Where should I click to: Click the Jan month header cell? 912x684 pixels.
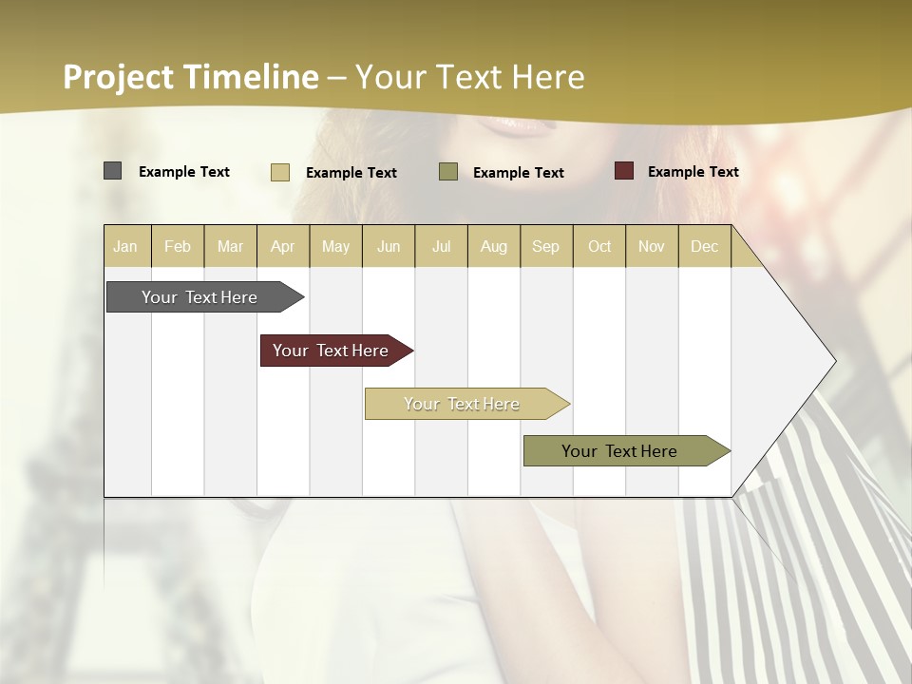(x=126, y=247)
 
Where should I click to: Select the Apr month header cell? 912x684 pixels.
(x=283, y=247)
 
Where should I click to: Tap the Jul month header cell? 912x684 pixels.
(x=442, y=247)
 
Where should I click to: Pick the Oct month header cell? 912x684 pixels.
(x=599, y=247)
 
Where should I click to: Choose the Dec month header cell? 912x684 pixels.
(x=705, y=247)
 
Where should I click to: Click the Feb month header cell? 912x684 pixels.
(x=178, y=247)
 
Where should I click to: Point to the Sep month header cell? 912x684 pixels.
(x=546, y=247)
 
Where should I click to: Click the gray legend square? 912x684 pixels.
(x=112, y=171)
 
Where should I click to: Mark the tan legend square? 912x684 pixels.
(x=280, y=172)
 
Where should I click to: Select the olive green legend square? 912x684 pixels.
(x=448, y=172)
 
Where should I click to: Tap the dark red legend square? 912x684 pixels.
(x=624, y=171)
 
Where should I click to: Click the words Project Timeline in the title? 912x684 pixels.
(x=190, y=77)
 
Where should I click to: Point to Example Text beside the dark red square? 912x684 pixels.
(x=693, y=172)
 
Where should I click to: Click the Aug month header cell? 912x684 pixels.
(x=494, y=247)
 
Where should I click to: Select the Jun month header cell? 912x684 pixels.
(x=389, y=247)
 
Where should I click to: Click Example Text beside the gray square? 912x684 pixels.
(x=183, y=172)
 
